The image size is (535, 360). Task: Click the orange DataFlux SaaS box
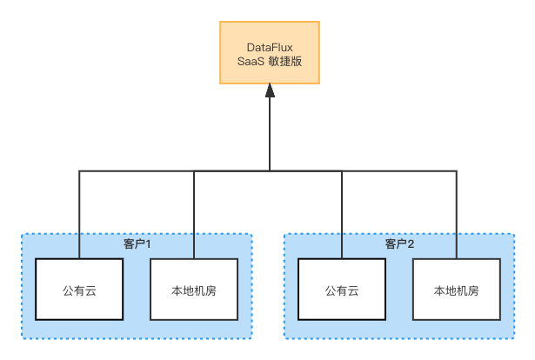270,52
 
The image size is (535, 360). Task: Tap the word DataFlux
270,47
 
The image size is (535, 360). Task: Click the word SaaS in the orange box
251,62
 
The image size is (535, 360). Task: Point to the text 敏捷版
285,62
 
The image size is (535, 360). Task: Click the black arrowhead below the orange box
270,90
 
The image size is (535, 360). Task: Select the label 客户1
137,244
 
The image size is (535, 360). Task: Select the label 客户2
399,244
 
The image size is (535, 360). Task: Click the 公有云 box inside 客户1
79,290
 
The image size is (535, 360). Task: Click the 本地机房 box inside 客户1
194,290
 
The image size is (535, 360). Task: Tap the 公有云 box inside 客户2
342,290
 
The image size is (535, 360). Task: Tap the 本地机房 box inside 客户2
457,290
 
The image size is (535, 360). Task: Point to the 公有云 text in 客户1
79,290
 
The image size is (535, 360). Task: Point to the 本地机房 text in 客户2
457,290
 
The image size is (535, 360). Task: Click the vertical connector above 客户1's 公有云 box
79,215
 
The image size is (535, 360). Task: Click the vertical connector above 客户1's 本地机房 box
194,215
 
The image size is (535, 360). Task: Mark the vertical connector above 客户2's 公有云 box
342,215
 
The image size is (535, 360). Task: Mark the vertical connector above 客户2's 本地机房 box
457,215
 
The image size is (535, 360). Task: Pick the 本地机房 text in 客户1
194,290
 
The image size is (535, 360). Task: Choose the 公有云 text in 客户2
342,290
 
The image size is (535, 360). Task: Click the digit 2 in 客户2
411,244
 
